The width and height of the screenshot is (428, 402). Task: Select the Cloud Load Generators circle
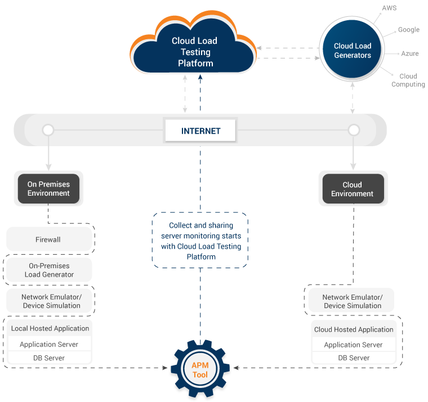tap(353, 51)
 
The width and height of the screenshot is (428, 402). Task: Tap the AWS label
tap(389, 8)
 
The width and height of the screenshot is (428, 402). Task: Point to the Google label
tap(408, 30)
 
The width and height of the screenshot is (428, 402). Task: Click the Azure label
tap(409, 53)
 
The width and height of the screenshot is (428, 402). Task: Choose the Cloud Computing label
tap(408, 80)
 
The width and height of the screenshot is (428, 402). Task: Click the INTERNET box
tap(200, 131)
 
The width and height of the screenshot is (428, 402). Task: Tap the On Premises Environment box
tap(48, 189)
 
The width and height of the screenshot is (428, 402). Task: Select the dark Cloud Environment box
tap(352, 189)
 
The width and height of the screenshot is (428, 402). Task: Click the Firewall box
tap(48, 240)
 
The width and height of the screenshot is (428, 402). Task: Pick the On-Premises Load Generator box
tap(49, 270)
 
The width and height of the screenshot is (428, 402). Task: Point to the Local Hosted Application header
tap(50, 328)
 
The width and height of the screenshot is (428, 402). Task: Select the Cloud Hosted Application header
tap(354, 329)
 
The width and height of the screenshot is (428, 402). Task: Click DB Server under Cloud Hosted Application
tap(354, 358)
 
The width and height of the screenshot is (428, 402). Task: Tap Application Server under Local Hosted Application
tap(49, 344)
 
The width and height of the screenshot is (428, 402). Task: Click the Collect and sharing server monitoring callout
tap(200, 241)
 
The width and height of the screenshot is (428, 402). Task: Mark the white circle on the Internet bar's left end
tap(48, 130)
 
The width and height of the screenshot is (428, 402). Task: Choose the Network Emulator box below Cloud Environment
tap(352, 301)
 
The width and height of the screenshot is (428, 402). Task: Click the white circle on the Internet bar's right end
tap(354, 130)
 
